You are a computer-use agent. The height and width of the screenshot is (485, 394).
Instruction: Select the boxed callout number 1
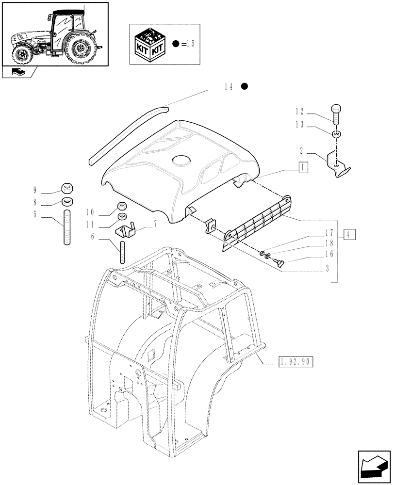[303, 168]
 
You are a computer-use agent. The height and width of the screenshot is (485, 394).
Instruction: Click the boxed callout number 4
[349, 235]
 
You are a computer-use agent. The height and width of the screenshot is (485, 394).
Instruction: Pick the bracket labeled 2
[338, 164]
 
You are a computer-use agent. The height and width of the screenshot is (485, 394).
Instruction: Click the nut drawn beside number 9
[67, 188]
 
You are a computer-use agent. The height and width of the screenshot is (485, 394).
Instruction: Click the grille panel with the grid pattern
[258, 221]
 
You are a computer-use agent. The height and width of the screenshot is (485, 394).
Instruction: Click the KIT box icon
[150, 44]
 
